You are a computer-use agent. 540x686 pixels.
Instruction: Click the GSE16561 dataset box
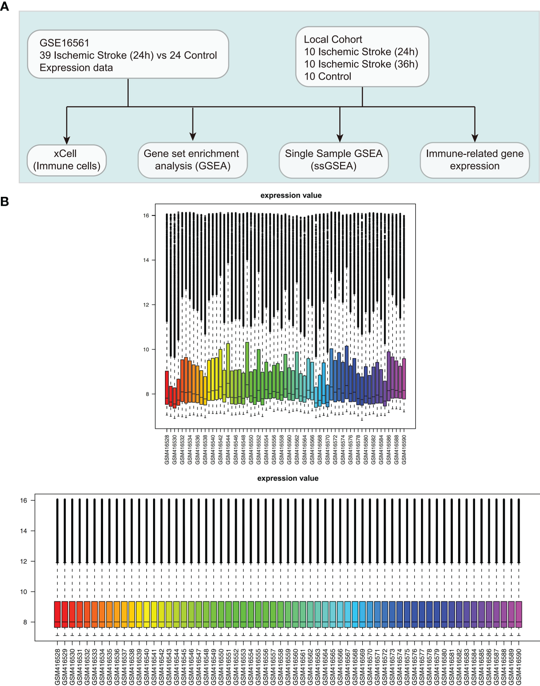click(128, 55)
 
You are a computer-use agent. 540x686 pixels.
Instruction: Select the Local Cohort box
click(362, 57)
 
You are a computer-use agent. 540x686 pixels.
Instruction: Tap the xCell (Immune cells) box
click(67, 160)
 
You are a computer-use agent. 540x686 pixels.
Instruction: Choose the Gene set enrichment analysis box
click(192, 160)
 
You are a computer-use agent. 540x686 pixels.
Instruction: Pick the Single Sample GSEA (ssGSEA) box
click(333, 160)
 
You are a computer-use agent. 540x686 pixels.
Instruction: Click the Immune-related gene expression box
click(475, 160)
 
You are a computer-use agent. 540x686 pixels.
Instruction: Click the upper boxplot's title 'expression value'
click(291, 195)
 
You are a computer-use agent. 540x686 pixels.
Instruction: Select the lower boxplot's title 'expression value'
click(288, 478)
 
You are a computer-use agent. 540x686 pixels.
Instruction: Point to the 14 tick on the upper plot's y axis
click(146, 260)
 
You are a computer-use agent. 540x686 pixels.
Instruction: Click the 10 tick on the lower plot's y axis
click(23, 592)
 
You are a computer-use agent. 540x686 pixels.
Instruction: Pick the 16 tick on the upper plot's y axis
click(146, 215)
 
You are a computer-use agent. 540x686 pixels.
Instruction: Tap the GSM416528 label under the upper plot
click(167, 449)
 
